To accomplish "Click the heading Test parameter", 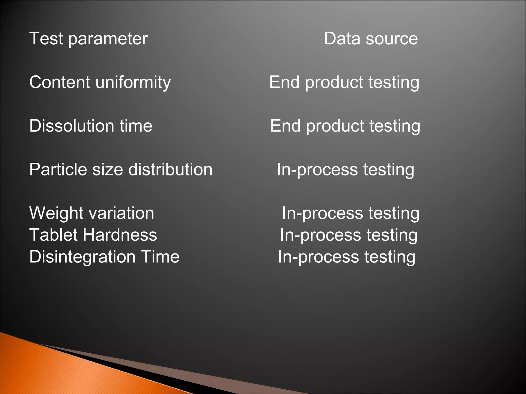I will point(88,39).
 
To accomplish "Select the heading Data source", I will point(371,39).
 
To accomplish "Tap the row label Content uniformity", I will point(100,83).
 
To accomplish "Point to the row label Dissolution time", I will point(91,126).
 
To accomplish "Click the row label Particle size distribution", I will point(121,170).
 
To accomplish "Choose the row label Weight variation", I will point(92,213).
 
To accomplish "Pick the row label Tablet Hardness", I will point(93,235).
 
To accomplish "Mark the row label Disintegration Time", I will point(104,257).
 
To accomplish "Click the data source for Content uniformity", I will point(344,83).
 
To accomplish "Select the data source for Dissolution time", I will point(345,126).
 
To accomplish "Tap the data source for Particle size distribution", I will point(345,170).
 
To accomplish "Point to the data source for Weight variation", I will point(351,213).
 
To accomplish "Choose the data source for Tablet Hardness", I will point(349,235).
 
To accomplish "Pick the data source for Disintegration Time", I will point(346,257).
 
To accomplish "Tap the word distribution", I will point(170,170).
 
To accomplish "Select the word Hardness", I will point(120,235).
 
